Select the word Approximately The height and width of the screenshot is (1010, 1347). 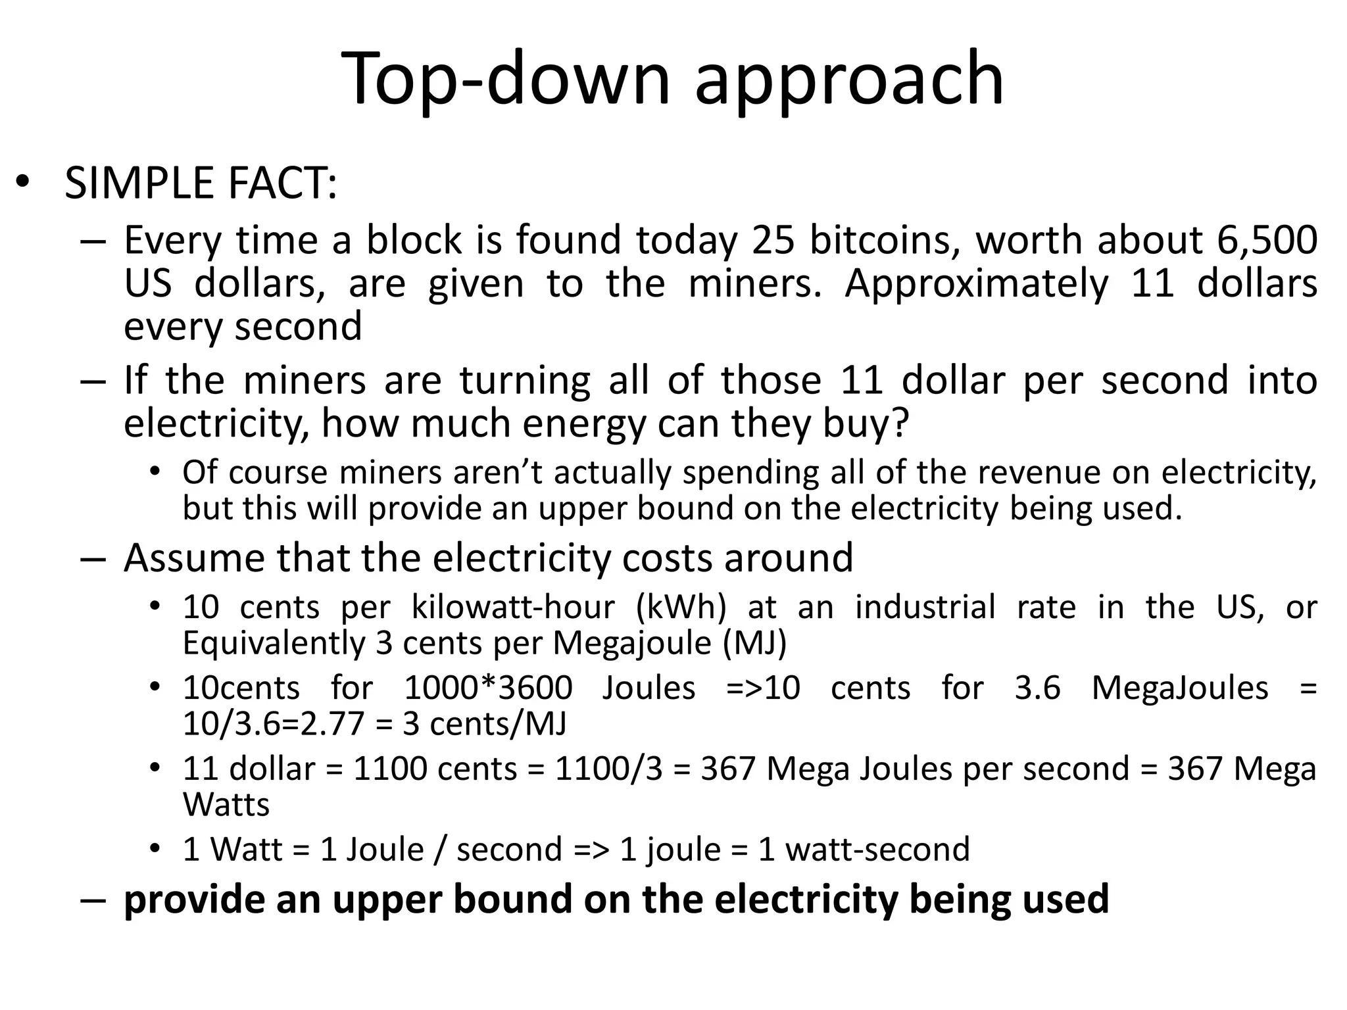coord(977,283)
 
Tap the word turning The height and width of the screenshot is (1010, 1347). coord(525,381)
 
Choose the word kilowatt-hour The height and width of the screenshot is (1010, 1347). coord(513,607)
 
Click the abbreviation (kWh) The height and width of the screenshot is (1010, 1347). coord(681,607)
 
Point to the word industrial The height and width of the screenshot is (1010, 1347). coord(925,607)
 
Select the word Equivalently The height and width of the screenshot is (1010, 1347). coord(274,642)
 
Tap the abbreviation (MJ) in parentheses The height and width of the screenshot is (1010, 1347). coord(754,642)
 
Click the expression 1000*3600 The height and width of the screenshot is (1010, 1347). coord(488,688)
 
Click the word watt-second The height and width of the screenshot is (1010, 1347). coord(877,850)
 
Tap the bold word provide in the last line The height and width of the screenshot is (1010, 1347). coord(195,900)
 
